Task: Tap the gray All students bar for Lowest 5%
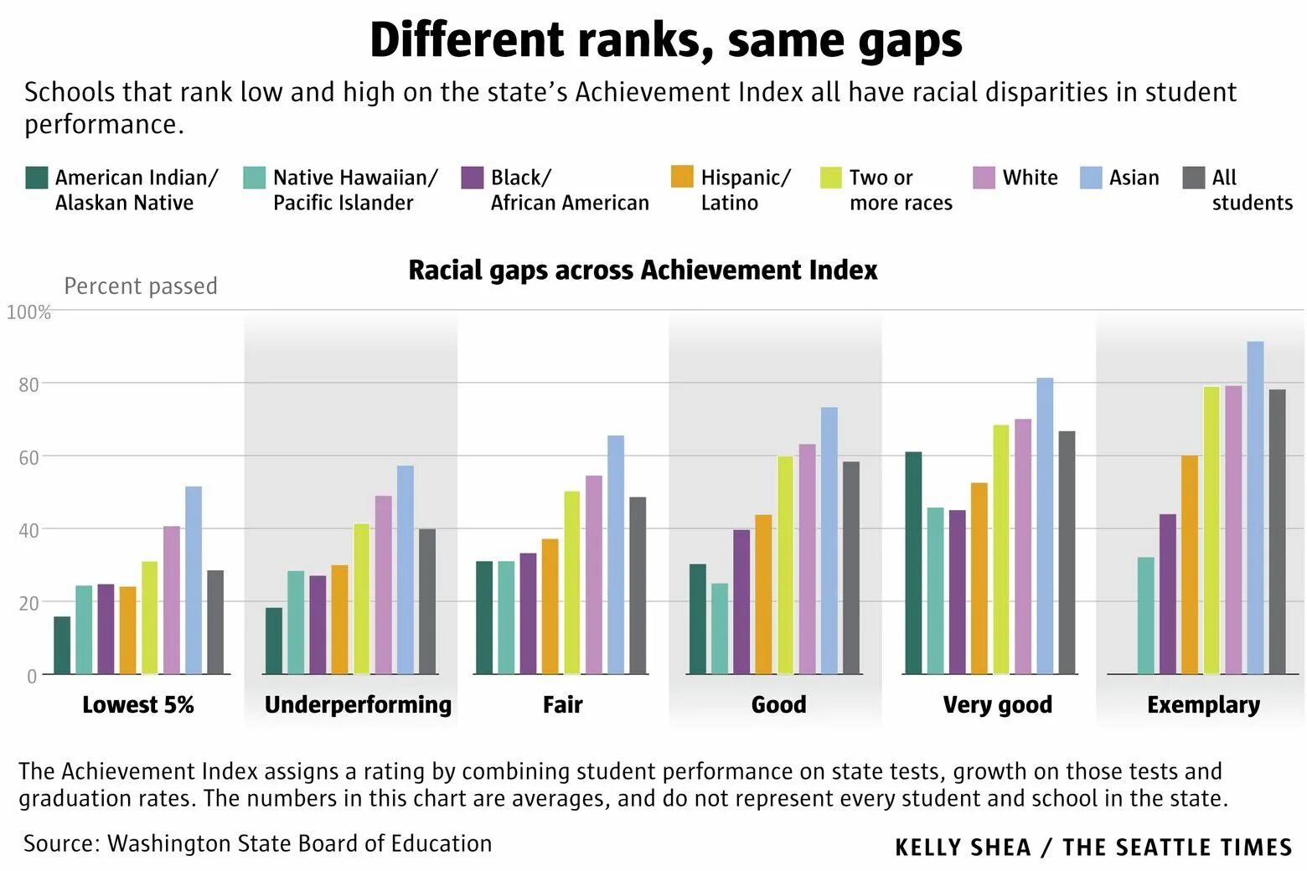coord(215,622)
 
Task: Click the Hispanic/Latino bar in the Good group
coord(763,594)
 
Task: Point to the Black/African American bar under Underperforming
coord(318,625)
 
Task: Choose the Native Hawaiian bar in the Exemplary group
coord(1146,616)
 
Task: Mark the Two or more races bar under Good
coord(785,564)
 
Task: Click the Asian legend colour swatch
coord(1091,178)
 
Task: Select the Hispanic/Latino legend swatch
coord(683,178)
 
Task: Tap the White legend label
coord(1030,178)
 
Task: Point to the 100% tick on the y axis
coord(28,312)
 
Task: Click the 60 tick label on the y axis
coord(28,457)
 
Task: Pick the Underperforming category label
coord(358,704)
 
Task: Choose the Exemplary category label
coord(1203,704)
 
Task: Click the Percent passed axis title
coord(141,286)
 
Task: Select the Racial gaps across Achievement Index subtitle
coord(643,270)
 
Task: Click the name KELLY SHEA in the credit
coord(963,848)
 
